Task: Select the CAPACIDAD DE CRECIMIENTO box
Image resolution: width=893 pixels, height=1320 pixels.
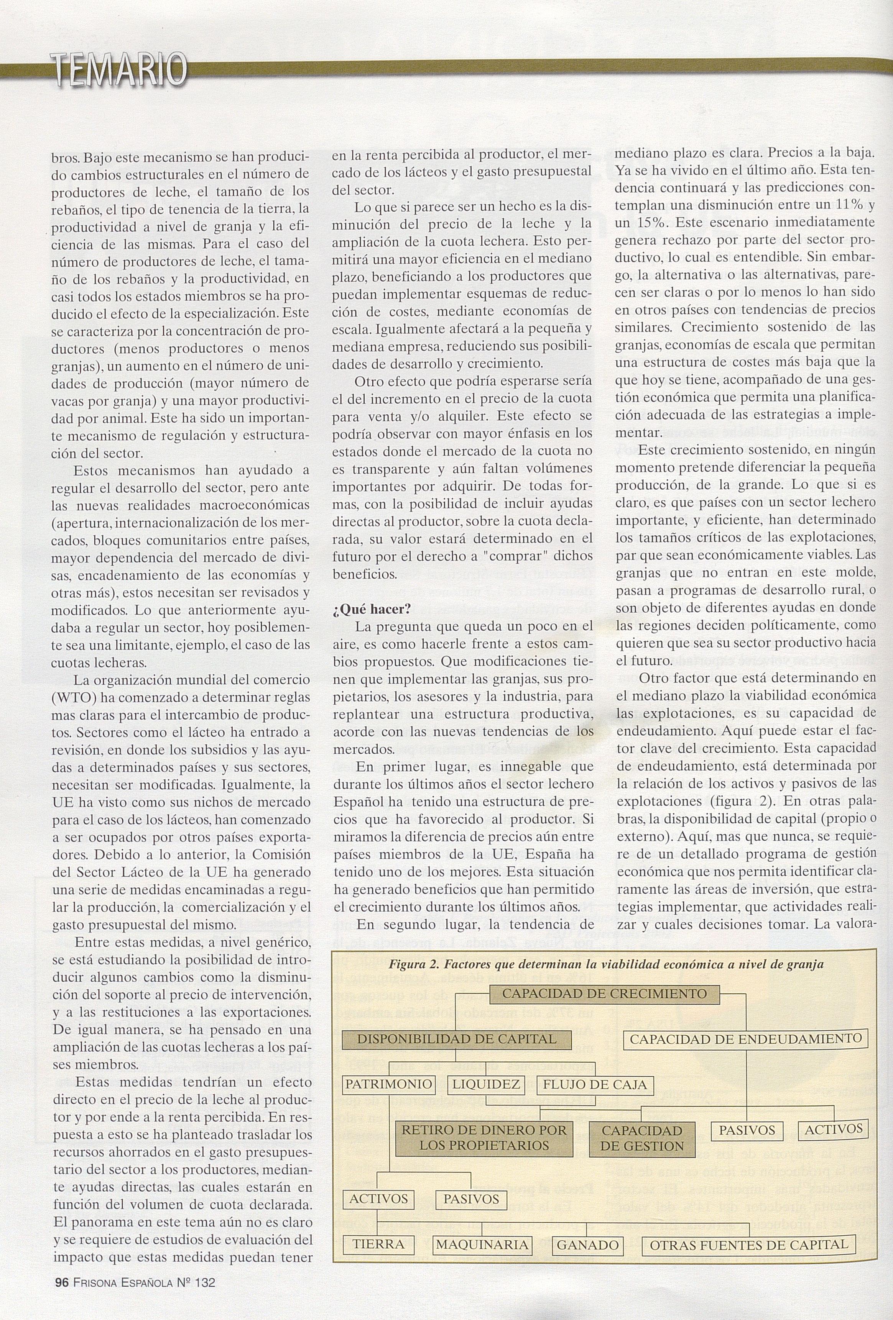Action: pyautogui.click(x=604, y=994)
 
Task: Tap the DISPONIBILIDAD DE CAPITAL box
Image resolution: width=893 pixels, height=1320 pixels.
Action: pyautogui.click(x=456, y=1040)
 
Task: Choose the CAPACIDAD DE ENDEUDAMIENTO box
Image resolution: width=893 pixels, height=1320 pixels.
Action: pyautogui.click(x=746, y=1040)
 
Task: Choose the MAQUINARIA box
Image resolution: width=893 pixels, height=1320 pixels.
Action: pyautogui.click(x=482, y=1245)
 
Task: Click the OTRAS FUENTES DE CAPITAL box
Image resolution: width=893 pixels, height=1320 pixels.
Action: pyautogui.click(x=748, y=1245)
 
